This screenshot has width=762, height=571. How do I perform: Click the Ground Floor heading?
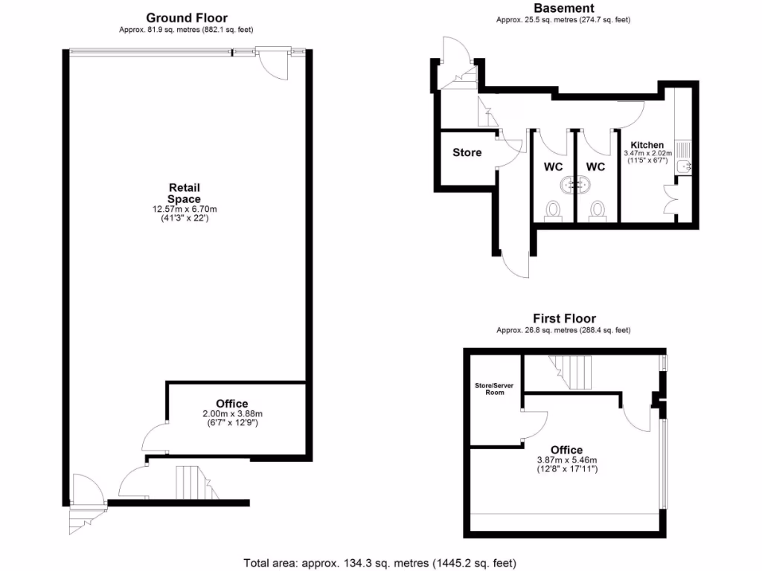187,18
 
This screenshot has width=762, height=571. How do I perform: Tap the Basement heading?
563,8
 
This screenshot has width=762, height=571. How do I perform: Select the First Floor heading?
563,319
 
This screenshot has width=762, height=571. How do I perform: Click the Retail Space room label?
185,193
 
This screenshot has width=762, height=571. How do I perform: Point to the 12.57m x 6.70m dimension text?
185,210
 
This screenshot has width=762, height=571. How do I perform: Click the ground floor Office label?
231,404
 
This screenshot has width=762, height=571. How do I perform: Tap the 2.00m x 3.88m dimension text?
231,414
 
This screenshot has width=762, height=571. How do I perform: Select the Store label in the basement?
467,152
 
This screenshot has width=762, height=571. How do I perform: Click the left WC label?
553,167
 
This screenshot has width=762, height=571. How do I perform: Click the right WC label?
596,167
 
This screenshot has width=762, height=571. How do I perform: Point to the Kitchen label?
647,145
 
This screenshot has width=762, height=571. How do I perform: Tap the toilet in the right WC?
597,211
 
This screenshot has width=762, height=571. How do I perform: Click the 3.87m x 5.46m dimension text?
567,459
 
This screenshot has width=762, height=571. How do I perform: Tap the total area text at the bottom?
380,563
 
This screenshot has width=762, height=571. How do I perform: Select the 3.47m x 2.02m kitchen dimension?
647,154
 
